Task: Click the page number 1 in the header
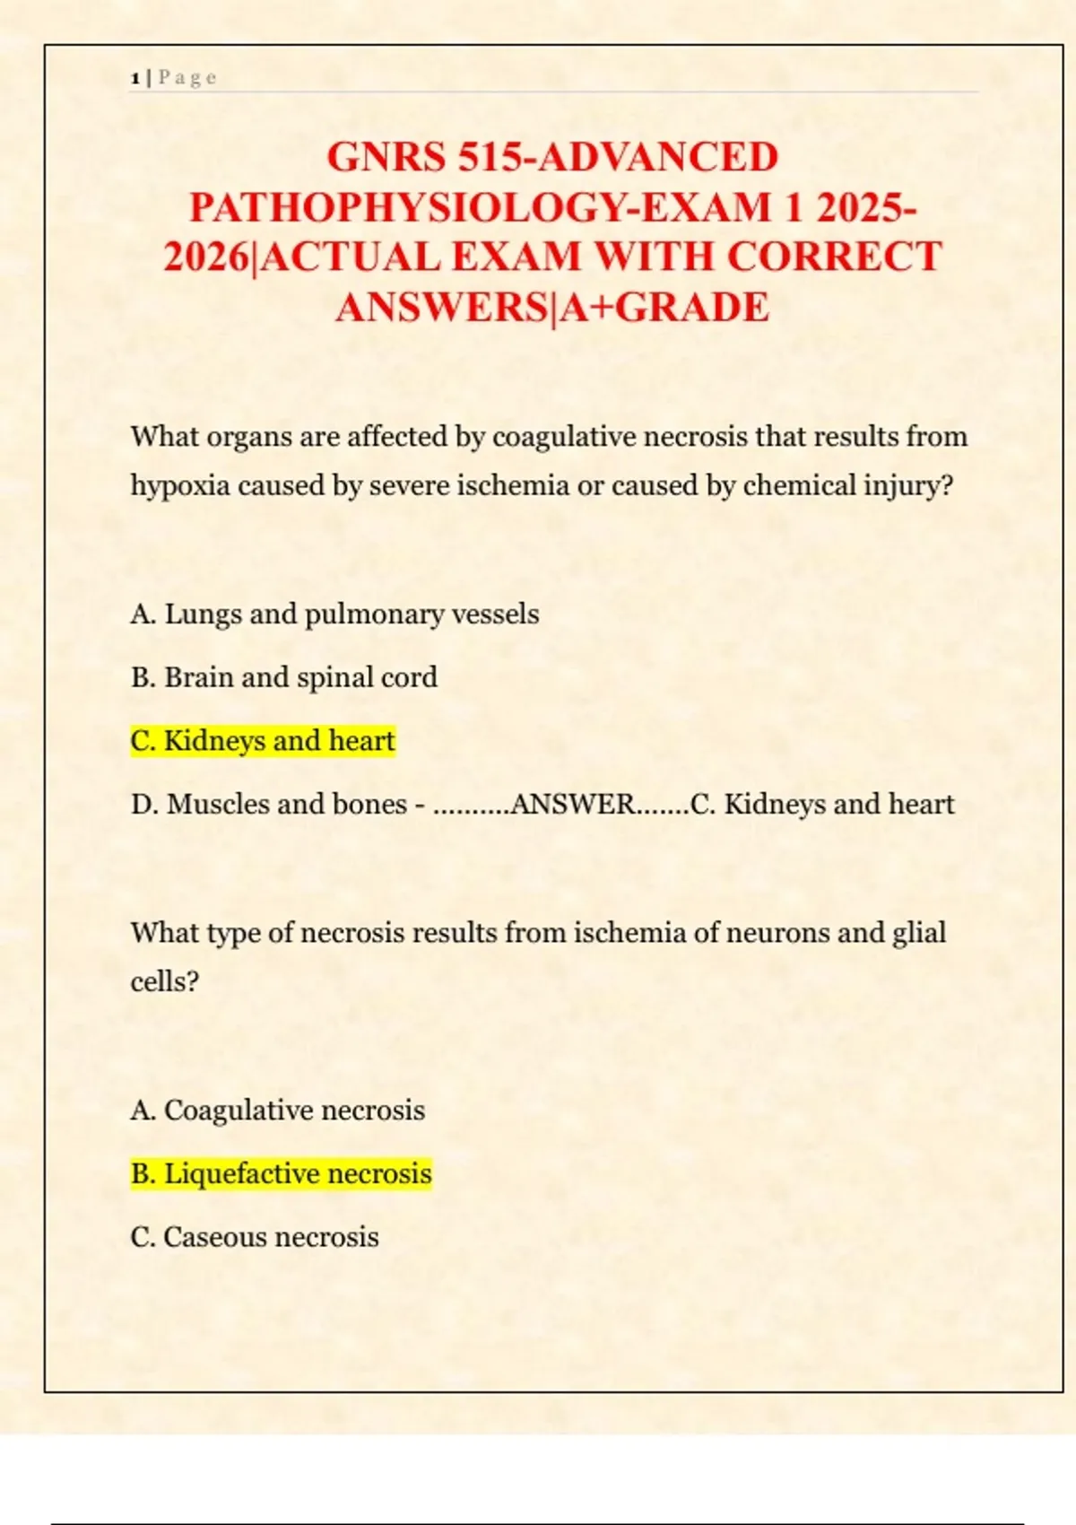[134, 78]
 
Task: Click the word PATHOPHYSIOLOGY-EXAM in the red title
[480, 208]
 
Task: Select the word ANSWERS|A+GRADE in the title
[552, 308]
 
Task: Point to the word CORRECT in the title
[834, 257]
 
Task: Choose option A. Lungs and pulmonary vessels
[334, 614]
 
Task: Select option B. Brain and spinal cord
[283, 677]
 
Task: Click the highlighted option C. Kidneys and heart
[263, 741]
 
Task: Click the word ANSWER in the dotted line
[572, 805]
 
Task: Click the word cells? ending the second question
[164, 981]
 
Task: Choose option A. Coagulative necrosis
[277, 1111]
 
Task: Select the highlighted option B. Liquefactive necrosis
[281, 1174]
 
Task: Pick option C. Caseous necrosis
[255, 1238]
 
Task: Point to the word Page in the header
[187, 78]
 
